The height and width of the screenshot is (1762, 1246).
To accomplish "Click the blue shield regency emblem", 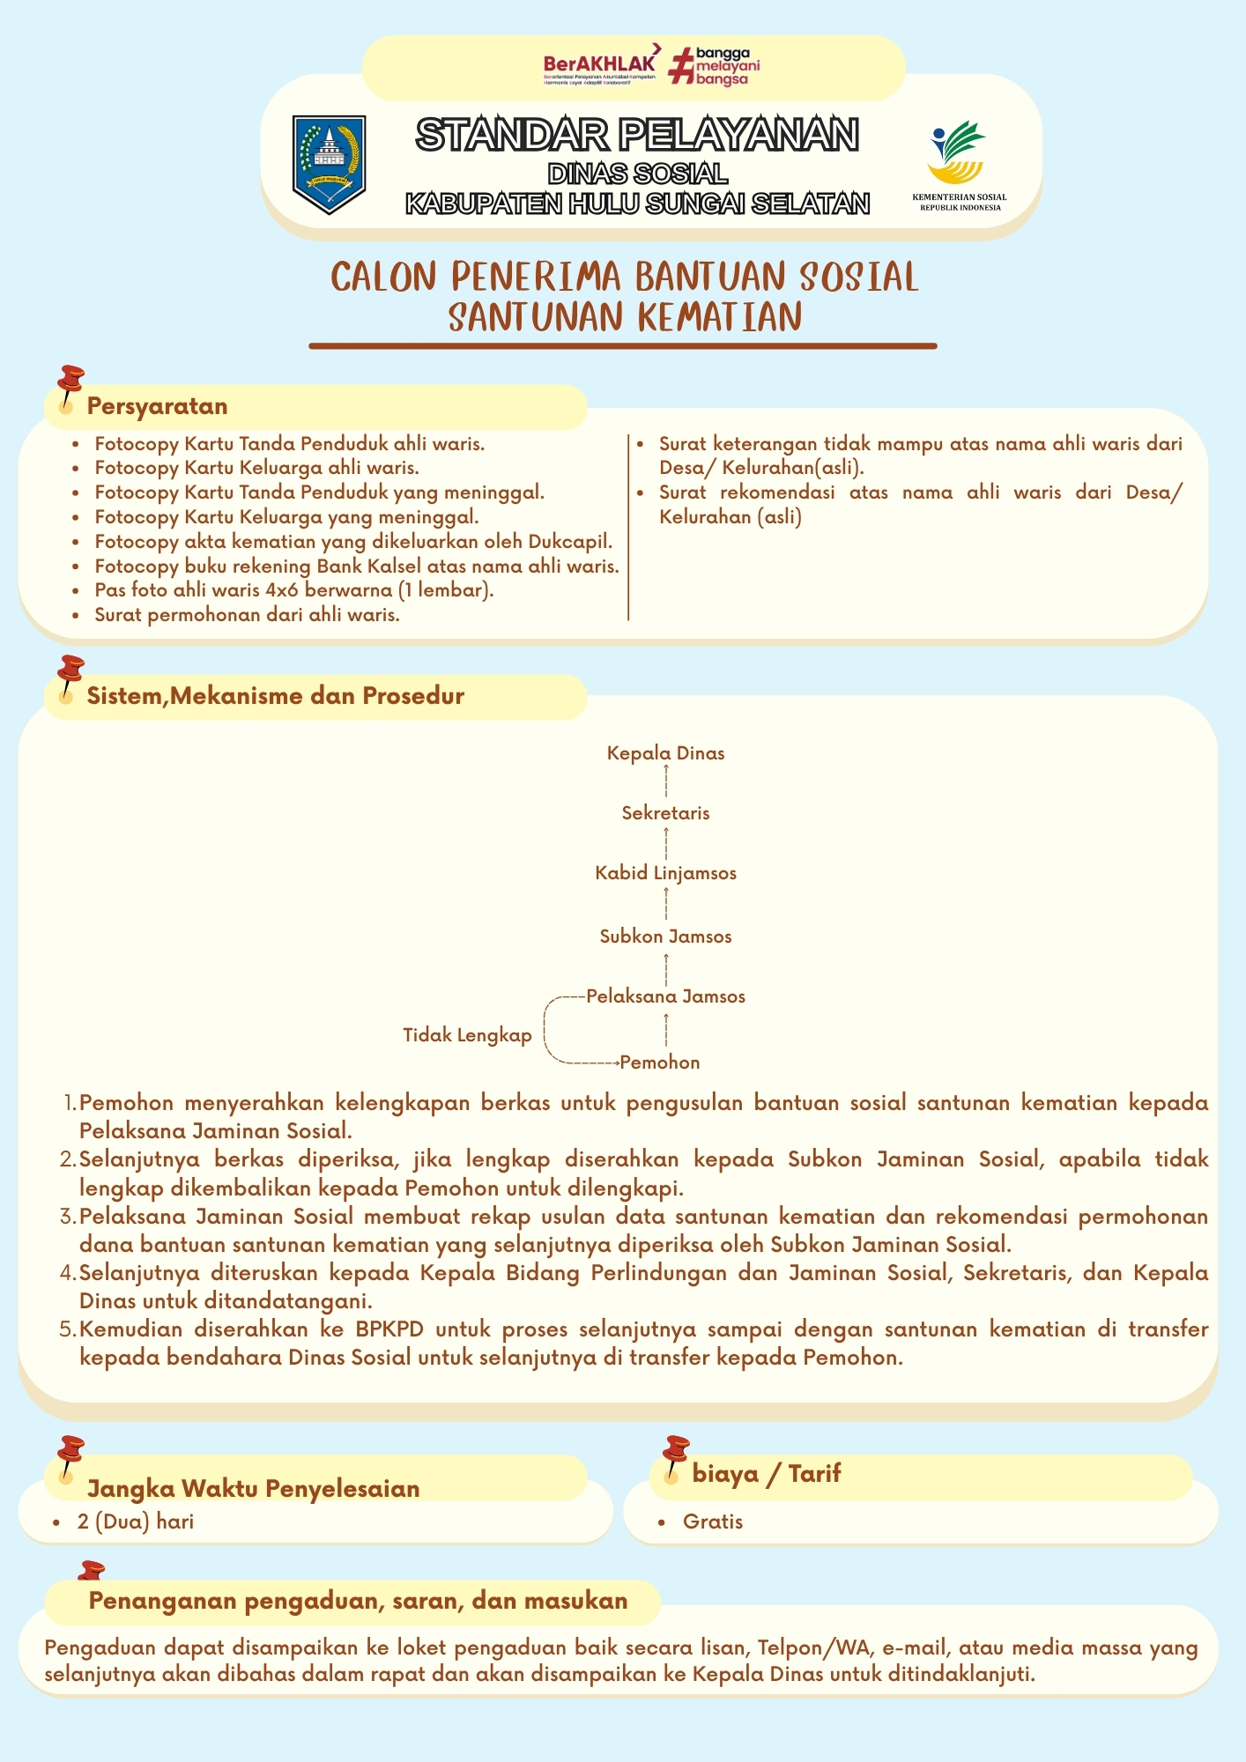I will pyautogui.click(x=329, y=164).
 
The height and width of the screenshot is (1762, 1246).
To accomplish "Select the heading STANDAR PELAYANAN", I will pyautogui.click(x=637, y=135).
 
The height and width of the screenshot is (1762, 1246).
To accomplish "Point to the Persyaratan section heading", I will pyautogui.click(x=157, y=406).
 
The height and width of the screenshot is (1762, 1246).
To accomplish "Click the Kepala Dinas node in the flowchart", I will pyautogui.click(x=665, y=753).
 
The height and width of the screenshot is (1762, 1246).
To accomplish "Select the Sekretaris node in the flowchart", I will pyautogui.click(x=665, y=813).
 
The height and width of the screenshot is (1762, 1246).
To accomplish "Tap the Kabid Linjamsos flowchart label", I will pyautogui.click(x=665, y=873).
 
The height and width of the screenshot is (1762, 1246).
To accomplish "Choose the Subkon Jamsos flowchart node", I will pyautogui.click(x=665, y=937).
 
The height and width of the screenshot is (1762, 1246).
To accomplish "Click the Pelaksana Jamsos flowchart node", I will pyautogui.click(x=665, y=996).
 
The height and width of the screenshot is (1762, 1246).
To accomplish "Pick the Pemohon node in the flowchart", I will pyautogui.click(x=660, y=1062).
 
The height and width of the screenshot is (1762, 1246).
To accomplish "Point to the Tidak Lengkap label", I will pyautogui.click(x=467, y=1035).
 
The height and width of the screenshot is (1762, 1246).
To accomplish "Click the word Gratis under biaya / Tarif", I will pyautogui.click(x=713, y=1521).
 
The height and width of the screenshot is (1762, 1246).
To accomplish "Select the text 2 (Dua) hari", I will pyautogui.click(x=136, y=1521).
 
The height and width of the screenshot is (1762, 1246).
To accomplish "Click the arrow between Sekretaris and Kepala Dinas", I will pyautogui.click(x=666, y=782).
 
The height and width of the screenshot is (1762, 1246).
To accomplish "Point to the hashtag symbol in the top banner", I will pyautogui.click(x=680, y=66).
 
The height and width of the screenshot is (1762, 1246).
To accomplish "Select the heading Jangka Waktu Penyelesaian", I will pyautogui.click(x=253, y=1489).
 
